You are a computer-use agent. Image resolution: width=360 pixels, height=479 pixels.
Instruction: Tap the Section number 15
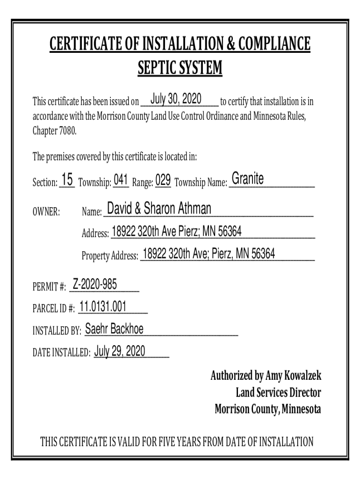tap(67, 180)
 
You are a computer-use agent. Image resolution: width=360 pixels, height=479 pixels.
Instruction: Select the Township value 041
tap(121, 180)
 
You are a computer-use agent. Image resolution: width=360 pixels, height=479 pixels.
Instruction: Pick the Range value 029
tap(163, 180)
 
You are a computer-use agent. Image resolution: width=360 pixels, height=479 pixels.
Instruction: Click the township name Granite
tap(248, 179)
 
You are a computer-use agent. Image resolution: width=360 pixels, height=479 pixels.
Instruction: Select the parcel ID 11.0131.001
tap(103, 306)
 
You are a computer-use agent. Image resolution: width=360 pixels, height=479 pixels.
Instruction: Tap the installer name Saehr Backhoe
tap(114, 329)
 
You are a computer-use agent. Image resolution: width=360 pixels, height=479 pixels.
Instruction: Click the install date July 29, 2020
tap(120, 351)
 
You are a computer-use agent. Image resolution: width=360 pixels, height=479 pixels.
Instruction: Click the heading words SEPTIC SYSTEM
tap(180, 69)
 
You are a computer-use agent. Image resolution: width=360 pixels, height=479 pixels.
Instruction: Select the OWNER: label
tap(46, 212)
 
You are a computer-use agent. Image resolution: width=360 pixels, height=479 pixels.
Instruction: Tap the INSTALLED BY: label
tap(57, 332)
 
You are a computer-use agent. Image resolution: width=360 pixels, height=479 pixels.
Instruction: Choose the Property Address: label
tap(110, 256)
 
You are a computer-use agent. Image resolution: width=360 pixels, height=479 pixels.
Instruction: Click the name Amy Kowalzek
tap(293, 376)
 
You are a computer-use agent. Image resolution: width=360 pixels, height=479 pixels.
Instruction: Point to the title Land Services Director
tap(278, 393)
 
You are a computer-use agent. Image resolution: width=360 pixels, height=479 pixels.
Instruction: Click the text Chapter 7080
tap(54, 131)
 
